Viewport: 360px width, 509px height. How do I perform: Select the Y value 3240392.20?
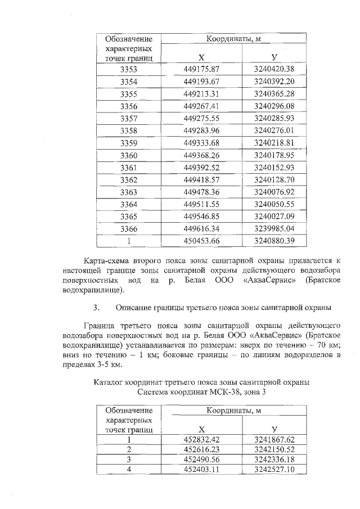coord(274,82)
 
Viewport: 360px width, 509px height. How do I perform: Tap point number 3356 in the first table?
coord(129,106)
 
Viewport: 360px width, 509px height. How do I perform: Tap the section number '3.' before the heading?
coord(96,308)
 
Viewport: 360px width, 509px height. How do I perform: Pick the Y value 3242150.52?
coord(274,449)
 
